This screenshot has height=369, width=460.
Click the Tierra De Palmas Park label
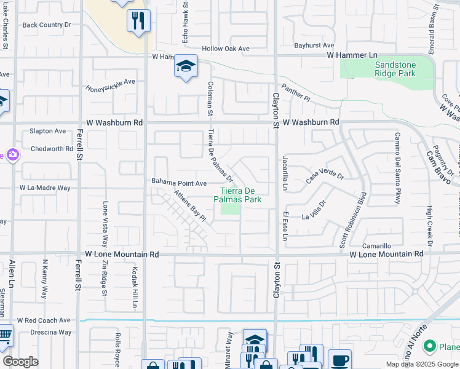(237, 195)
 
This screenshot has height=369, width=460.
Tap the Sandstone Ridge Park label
(387, 69)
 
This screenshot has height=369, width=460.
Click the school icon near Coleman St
(185, 67)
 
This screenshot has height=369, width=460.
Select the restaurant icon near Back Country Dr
(138, 21)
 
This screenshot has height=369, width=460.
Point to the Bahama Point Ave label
(179, 183)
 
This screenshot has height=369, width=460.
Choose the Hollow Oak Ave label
(226, 49)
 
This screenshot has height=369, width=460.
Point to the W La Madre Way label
(45, 188)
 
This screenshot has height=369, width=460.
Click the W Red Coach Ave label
(44, 320)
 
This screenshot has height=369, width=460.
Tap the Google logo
(20, 362)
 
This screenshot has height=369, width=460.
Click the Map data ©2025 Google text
(422, 364)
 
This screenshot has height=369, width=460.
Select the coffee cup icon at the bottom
(339, 359)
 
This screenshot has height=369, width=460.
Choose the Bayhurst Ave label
(314, 46)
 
